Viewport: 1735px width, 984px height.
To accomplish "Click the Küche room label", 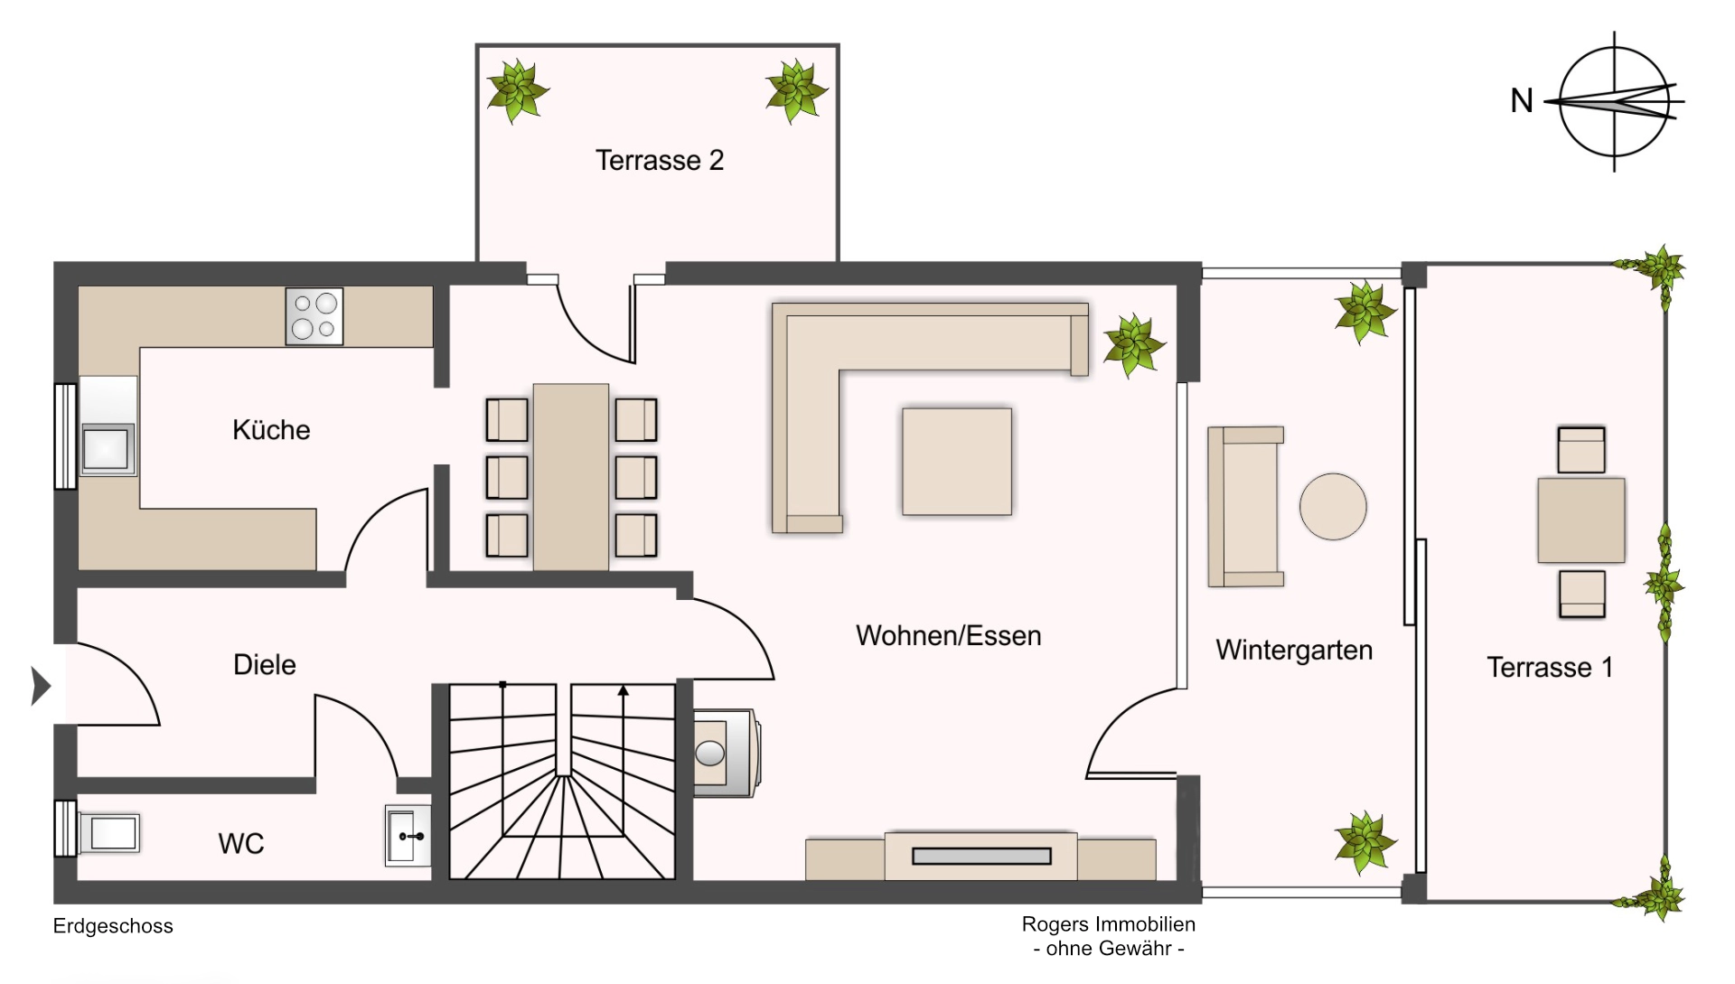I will pyautogui.click(x=271, y=430).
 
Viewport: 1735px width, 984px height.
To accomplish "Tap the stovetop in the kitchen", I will pyautogui.click(x=314, y=316).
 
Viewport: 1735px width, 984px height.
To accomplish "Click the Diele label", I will pyautogui.click(x=264, y=665).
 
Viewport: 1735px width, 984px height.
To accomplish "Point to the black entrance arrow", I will pyautogui.click(x=41, y=686).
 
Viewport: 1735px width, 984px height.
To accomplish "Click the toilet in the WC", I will pyautogui.click(x=108, y=832).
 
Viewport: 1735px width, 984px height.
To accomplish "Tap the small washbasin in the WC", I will pyautogui.click(x=408, y=836).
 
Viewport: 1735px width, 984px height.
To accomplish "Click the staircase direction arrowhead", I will pyautogui.click(x=623, y=690).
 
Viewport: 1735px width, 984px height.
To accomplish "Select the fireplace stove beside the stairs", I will pyautogui.click(x=726, y=753).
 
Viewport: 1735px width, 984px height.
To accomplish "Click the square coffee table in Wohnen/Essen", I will pyautogui.click(x=956, y=462).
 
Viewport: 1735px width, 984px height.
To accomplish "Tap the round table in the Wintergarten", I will pyautogui.click(x=1333, y=507).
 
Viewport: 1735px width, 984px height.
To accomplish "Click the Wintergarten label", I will pyautogui.click(x=1293, y=651).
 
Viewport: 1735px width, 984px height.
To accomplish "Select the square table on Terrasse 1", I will pyautogui.click(x=1580, y=521).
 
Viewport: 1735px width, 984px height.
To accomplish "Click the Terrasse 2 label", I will pyautogui.click(x=659, y=161).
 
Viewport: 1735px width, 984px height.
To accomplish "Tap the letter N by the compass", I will pyautogui.click(x=1522, y=101).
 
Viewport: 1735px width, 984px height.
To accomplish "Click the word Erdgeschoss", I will pyautogui.click(x=113, y=926).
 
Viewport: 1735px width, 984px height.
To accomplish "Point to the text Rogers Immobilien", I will pyautogui.click(x=1108, y=924).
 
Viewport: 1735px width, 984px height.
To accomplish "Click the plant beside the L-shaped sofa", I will pyautogui.click(x=1132, y=345).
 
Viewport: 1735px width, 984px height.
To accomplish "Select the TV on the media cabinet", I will pyautogui.click(x=981, y=856).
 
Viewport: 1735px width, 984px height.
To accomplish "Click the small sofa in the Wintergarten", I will pyautogui.click(x=1244, y=507).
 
